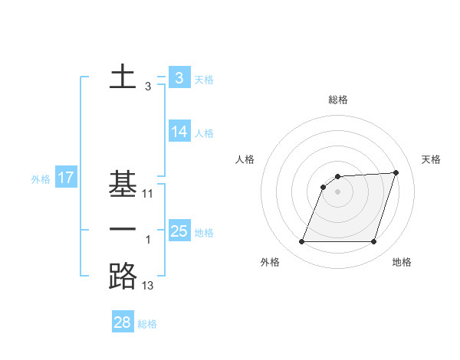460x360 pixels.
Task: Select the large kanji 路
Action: coord(123,277)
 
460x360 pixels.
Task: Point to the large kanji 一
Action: coord(123,231)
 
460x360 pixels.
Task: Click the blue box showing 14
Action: coord(179,132)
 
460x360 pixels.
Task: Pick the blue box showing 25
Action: coord(179,231)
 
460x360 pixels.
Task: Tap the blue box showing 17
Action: coord(66,178)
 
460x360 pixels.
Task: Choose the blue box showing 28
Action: coord(123,322)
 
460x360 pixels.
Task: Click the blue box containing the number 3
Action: coord(179,77)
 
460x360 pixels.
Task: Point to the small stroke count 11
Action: coord(148,195)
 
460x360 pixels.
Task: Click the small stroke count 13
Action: coord(148,286)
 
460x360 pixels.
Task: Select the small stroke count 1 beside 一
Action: coord(148,241)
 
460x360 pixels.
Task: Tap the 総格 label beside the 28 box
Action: coord(147,324)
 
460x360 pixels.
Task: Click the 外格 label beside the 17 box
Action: coord(41,179)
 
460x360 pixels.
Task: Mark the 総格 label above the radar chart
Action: coord(337,100)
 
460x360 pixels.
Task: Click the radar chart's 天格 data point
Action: coord(396,172)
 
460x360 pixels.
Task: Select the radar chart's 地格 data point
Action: coord(374,242)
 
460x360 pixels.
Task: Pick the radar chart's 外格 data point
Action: coord(301,242)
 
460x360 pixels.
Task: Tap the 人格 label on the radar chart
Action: coord(245,159)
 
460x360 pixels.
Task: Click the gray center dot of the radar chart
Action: coord(337,191)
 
